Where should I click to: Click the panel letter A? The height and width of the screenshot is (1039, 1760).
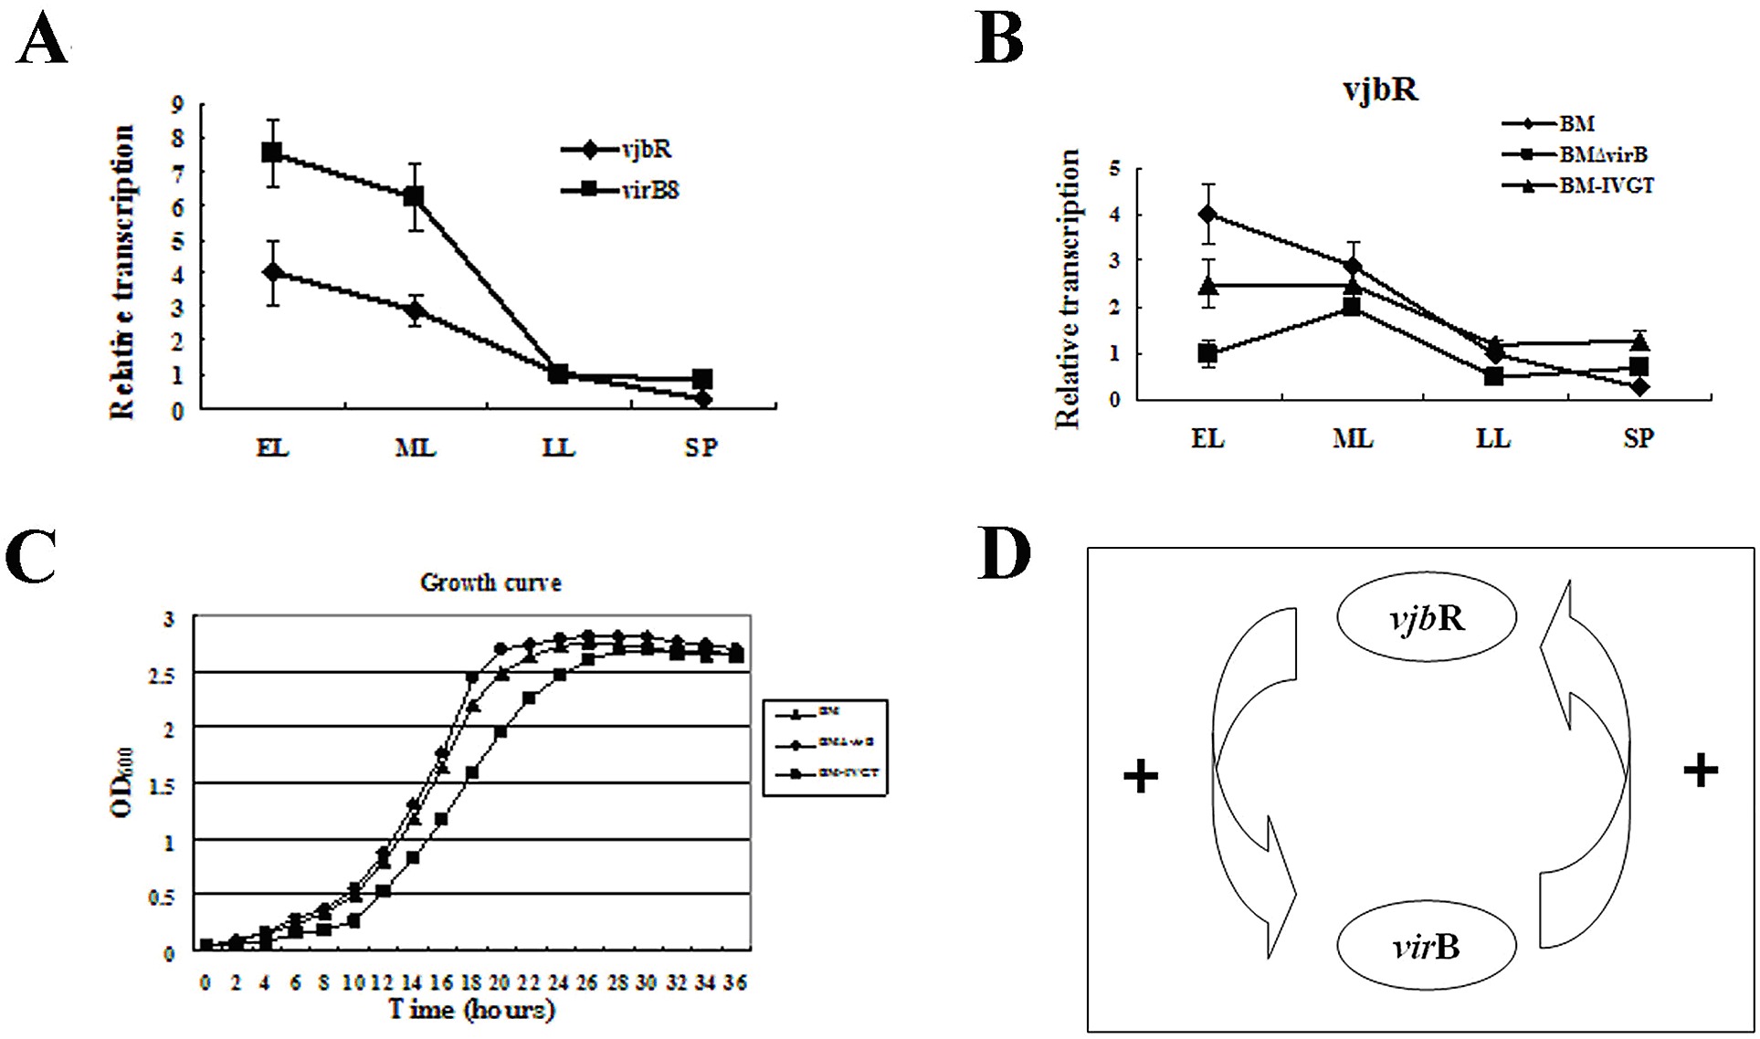[42, 43]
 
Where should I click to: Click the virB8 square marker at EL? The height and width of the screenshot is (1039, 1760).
[271, 152]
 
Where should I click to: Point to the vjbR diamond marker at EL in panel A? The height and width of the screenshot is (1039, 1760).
[271, 272]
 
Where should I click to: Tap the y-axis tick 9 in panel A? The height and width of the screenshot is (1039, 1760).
[177, 105]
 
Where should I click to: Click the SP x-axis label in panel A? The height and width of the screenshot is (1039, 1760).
[701, 447]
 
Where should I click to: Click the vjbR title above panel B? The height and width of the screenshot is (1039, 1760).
[1380, 90]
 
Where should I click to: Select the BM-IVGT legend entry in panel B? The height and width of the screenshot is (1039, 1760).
[1605, 186]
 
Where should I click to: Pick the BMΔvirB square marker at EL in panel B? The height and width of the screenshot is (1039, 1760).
[1207, 353]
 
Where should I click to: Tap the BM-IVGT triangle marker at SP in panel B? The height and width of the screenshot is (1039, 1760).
[1639, 342]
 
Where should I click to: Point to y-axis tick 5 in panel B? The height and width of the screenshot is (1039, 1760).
[1114, 169]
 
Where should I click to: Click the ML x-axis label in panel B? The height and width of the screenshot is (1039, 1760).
[1352, 439]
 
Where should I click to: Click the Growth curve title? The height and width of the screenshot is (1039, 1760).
[490, 582]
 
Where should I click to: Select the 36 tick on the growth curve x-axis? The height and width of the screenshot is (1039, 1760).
[735, 982]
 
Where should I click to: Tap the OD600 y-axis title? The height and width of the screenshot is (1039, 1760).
[123, 782]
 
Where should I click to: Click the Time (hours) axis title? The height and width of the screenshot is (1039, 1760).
[471, 1010]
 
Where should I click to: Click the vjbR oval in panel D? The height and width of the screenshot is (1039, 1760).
[1427, 619]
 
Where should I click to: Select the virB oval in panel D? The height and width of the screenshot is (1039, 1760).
[1426, 947]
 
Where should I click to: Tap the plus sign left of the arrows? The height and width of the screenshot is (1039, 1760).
[1141, 777]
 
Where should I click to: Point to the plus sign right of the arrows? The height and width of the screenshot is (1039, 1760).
[1700, 771]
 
